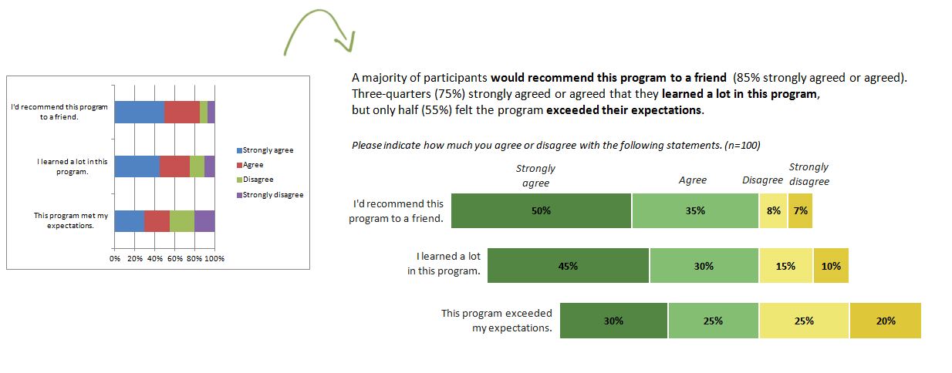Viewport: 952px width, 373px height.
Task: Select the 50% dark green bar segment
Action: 541,211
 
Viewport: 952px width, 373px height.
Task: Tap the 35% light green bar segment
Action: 695,211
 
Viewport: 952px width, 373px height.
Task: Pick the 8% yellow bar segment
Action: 773,211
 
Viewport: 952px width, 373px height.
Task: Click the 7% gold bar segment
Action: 800,211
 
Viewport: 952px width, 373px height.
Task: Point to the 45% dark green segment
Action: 569,266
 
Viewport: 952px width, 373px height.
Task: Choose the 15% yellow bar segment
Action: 785,266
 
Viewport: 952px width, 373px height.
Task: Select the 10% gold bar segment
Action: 831,266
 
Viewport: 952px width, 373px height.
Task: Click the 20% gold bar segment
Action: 886,321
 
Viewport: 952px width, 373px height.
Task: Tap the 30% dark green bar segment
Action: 613,321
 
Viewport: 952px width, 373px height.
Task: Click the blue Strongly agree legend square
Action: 238,150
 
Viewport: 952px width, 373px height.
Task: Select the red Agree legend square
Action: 238,165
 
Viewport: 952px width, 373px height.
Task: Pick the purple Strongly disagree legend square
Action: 238,195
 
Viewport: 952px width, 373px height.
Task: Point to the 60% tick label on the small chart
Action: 174,259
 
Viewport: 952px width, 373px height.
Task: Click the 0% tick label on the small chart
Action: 115,259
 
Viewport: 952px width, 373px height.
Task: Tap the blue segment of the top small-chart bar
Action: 139,112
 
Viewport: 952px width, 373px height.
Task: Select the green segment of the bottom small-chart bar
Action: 182,220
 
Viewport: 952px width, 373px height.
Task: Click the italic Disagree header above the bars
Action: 762,180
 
